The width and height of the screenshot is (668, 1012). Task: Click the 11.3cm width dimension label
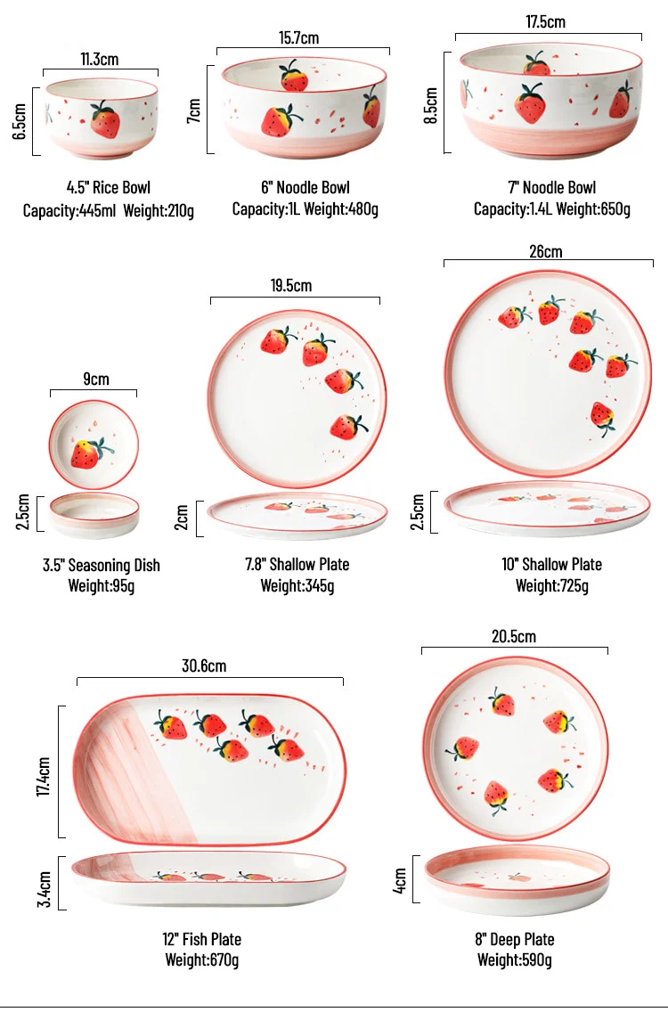100,60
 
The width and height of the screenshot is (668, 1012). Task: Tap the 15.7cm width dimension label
298,37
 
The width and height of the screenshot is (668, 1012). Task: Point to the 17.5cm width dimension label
545,22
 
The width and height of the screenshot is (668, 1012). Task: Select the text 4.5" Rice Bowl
109,188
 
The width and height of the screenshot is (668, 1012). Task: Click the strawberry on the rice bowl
105,119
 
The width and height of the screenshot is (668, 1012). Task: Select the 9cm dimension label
95,379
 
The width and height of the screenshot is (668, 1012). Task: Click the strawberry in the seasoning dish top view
87,453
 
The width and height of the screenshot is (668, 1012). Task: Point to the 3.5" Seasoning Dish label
102,566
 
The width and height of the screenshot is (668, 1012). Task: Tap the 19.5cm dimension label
291,286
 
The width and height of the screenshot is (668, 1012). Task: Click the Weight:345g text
297,586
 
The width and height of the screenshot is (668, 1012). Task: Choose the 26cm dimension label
545,251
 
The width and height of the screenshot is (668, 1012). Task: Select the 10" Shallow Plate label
551,565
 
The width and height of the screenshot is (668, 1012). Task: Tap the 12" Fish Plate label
202,940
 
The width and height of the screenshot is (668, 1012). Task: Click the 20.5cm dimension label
514,636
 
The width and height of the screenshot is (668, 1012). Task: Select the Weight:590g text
514,960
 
